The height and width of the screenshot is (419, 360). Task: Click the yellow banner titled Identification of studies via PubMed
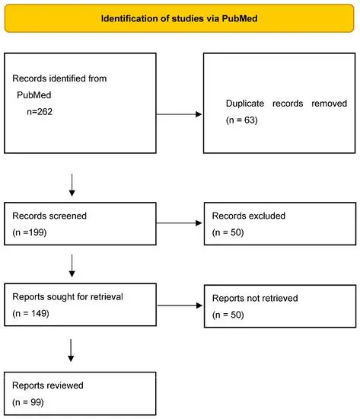click(x=180, y=17)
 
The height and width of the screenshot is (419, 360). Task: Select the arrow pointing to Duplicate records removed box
click(x=180, y=115)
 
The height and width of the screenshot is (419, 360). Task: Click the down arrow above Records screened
click(x=72, y=183)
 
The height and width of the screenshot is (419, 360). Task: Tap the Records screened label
click(x=49, y=216)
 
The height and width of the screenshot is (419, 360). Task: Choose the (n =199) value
click(x=31, y=232)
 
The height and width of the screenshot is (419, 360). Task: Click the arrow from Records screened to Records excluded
click(x=180, y=224)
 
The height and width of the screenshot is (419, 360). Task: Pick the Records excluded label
click(x=248, y=216)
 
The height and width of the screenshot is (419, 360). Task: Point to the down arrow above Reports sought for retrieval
click(x=72, y=264)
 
